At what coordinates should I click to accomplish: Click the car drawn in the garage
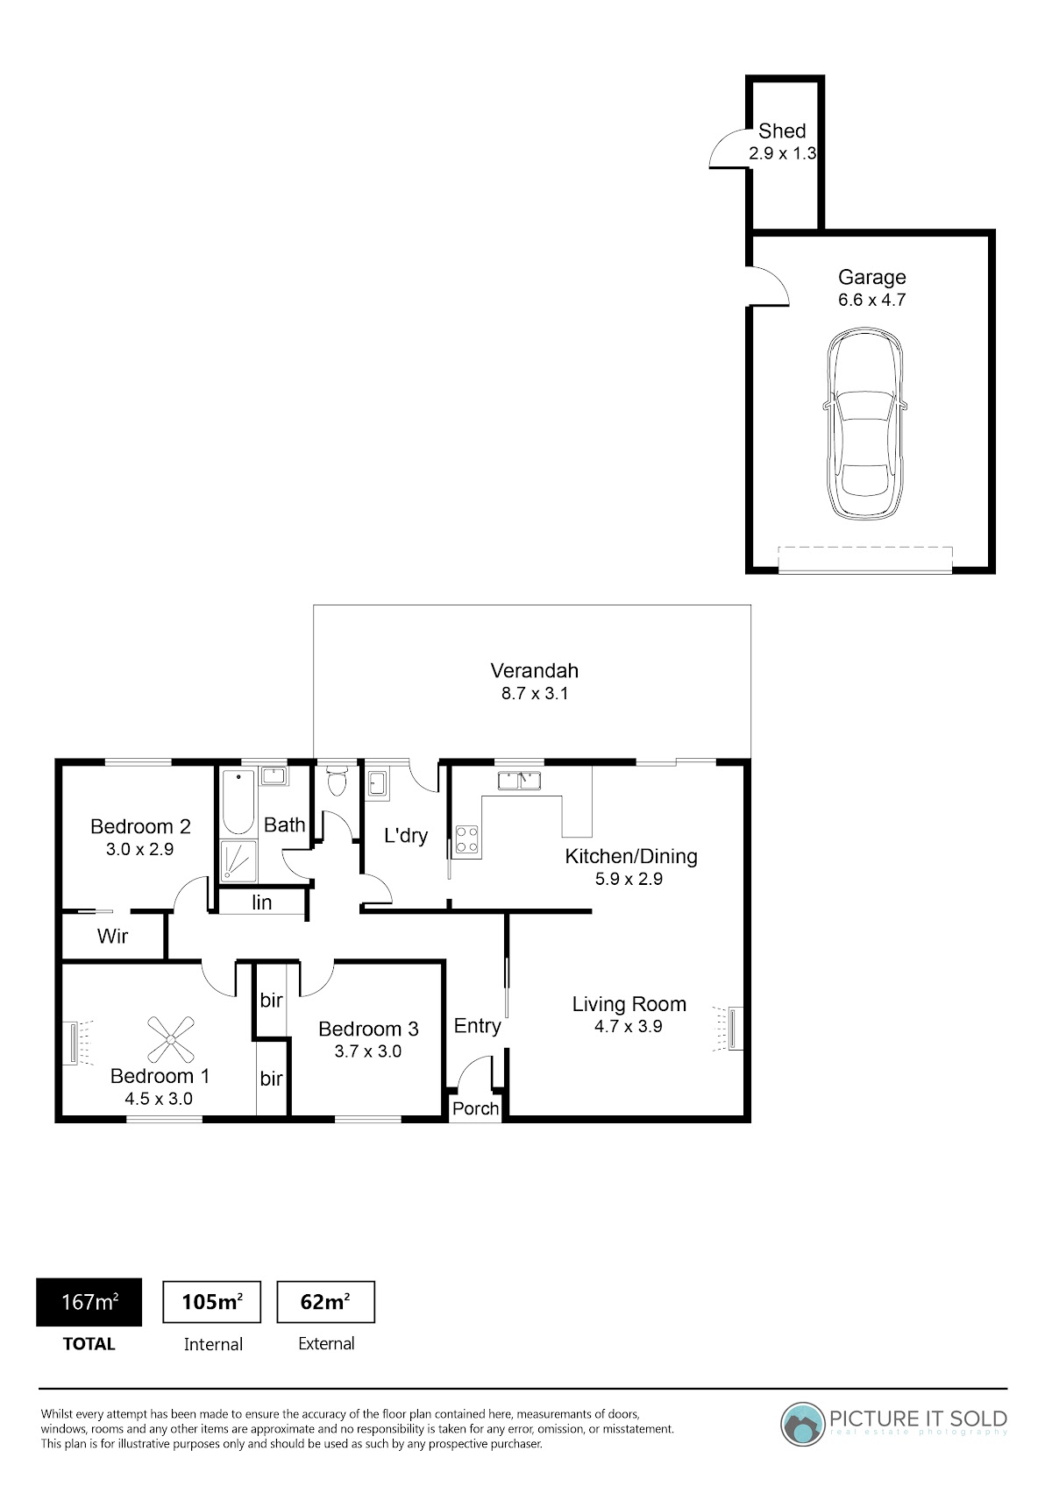tap(864, 423)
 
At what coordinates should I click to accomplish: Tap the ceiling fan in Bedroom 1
tap(171, 1039)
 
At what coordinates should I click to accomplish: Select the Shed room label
tap(782, 131)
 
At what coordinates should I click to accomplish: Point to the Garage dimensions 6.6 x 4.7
tap(871, 300)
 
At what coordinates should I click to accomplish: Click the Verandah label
tap(534, 670)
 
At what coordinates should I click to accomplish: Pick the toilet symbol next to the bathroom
tap(338, 781)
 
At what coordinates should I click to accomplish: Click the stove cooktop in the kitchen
tap(466, 839)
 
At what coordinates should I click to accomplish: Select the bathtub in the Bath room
tap(238, 802)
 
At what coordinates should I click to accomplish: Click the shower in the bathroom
tap(238, 861)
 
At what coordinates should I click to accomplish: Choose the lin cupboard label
tap(261, 902)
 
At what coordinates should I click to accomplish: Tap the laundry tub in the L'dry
tap(378, 785)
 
